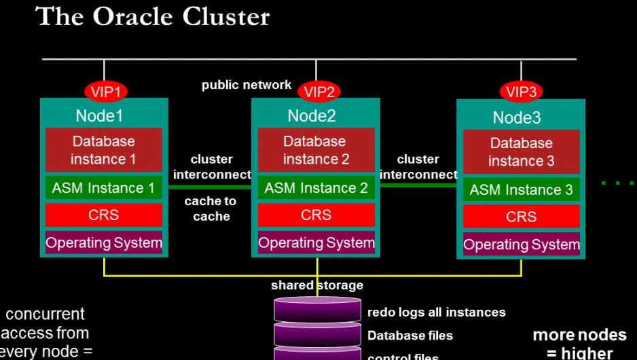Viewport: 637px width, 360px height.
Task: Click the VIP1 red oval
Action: point(105,90)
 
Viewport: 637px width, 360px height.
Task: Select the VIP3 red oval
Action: point(521,90)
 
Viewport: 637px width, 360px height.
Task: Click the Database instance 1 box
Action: point(104,150)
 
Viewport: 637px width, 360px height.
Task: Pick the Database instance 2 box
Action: point(316,150)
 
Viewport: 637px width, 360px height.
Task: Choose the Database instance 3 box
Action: point(521,152)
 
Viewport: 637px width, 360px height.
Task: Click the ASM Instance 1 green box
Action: point(104,188)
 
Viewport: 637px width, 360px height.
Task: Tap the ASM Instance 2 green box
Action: point(316,188)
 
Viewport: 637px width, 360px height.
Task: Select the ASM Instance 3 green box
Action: point(521,190)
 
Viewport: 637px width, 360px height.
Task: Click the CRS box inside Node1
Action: point(104,215)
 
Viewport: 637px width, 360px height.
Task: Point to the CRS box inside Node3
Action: point(521,217)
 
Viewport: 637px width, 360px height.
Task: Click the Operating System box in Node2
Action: point(316,242)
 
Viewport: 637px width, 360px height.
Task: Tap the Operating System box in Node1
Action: point(104,242)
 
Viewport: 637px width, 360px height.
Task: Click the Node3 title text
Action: point(517,118)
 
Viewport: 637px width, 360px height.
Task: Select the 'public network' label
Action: point(247,86)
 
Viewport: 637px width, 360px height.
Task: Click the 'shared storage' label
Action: point(316,285)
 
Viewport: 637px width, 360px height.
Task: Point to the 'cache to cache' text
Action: point(211,209)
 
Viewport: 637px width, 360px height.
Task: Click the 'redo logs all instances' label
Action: point(436,312)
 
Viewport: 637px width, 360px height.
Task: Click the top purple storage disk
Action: point(317,309)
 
